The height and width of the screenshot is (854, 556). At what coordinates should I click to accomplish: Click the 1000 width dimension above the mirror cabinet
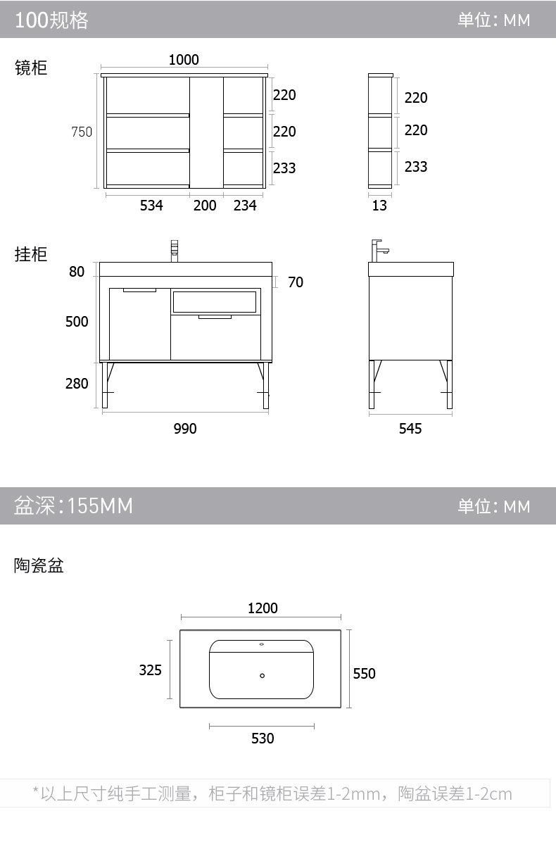click(184, 60)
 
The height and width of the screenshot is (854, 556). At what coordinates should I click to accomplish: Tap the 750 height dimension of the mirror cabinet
click(82, 132)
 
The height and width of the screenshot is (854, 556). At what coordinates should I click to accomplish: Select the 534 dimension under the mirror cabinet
click(151, 206)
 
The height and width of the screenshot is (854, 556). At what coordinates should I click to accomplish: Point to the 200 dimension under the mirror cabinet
click(205, 206)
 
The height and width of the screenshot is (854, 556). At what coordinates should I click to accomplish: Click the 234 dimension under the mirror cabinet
click(245, 206)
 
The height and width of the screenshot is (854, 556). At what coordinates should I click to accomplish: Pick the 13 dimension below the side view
click(379, 206)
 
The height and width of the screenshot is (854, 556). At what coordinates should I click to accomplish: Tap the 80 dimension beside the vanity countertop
click(77, 271)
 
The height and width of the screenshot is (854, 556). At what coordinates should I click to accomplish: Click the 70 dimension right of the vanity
click(296, 282)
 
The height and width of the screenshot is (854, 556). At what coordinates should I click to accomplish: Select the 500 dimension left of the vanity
click(77, 322)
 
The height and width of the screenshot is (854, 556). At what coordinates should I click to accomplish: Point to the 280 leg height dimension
click(77, 384)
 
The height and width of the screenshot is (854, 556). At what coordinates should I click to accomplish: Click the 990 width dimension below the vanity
click(185, 429)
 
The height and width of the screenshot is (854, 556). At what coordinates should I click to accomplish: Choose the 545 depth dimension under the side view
click(410, 429)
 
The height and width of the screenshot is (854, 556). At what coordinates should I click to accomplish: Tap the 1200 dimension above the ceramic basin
click(263, 608)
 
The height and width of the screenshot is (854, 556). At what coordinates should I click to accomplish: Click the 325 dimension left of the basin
click(150, 670)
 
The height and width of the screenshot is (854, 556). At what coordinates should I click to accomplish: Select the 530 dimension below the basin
click(263, 738)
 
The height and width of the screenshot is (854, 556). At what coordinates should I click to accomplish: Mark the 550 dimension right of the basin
click(365, 674)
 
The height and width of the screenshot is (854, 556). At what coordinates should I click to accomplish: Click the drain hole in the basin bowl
click(263, 676)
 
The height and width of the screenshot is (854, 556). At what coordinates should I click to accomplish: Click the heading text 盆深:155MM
click(73, 506)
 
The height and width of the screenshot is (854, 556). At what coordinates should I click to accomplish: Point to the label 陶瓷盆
click(39, 565)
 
